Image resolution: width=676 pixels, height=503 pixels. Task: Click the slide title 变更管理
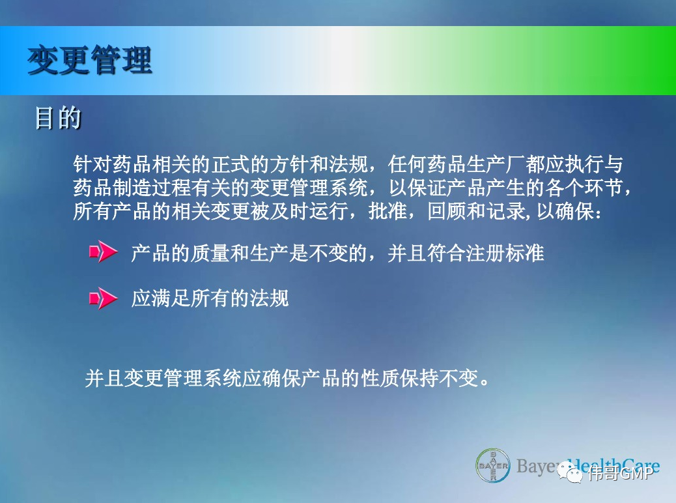(x=90, y=60)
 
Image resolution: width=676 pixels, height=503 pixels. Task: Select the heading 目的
(x=58, y=117)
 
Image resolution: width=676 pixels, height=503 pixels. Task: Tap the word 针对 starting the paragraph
(x=92, y=164)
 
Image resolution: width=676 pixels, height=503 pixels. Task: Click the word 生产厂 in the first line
(x=496, y=164)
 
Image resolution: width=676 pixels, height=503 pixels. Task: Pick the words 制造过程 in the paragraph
(x=152, y=188)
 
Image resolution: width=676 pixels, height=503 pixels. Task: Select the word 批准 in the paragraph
(x=387, y=211)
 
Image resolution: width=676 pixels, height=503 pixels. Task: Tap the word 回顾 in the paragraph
(x=447, y=211)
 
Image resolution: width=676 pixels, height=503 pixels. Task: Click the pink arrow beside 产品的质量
(x=104, y=251)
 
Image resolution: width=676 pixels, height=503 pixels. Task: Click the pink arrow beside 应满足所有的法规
(x=104, y=298)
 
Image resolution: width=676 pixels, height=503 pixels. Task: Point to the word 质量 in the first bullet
(x=210, y=253)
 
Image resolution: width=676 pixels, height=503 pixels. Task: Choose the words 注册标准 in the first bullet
(x=505, y=253)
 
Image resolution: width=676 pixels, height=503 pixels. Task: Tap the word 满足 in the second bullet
(x=171, y=298)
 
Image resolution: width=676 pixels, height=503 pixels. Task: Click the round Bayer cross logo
(x=493, y=466)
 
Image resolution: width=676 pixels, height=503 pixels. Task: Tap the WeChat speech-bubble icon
(x=569, y=472)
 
